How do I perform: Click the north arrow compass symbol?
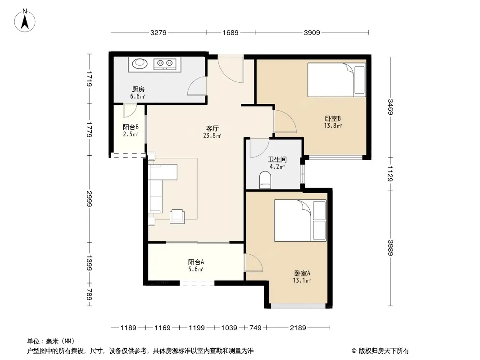[x=25, y=21]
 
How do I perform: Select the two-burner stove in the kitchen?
[x=165, y=63]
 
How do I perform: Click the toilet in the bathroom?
[x=265, y=180]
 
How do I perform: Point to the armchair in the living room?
[x=177, y=216]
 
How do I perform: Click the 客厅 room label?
[x=212, y=128]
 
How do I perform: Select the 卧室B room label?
[x=333, y=118]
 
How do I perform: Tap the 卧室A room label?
[x=302, y=273]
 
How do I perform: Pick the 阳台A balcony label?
[x=196, y=262]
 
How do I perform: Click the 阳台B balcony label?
[x=131, y=127]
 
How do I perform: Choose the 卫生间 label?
[x=277, y=159]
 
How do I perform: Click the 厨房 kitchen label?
[x=138, y=89]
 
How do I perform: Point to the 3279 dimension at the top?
[x=158, y=32]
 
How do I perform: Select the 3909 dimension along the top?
[x=312, y=32]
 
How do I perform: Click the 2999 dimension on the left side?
[x=89, y=199]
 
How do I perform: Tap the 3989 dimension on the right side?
[x=390, y=248]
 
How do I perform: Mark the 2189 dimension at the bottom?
[x=298, y=328]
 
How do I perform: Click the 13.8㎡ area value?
[x=333, y=126]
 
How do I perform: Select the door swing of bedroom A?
[x=253, y=262]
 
